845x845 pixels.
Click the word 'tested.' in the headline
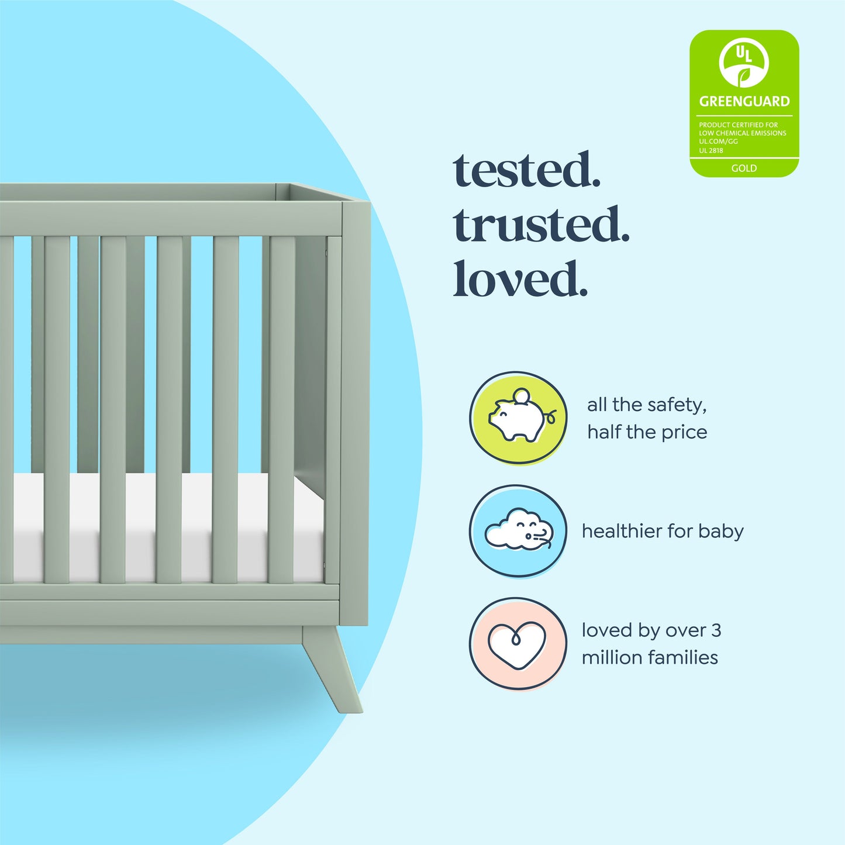[x=527, y=170]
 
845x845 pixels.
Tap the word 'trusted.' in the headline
[x=541, y=225]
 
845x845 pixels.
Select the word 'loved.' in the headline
[x=520, y=279]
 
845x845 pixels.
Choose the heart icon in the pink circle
[x=518, y=644]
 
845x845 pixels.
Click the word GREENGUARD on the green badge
[x=744, y=101]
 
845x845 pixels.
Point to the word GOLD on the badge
[x=744, y=168]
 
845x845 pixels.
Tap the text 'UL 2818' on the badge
[x=711, y=150]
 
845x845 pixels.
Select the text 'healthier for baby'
[x=663, y=531]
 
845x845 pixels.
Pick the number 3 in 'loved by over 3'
[x=716, y=630]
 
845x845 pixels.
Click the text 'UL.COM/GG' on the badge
[x=718, y=142]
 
